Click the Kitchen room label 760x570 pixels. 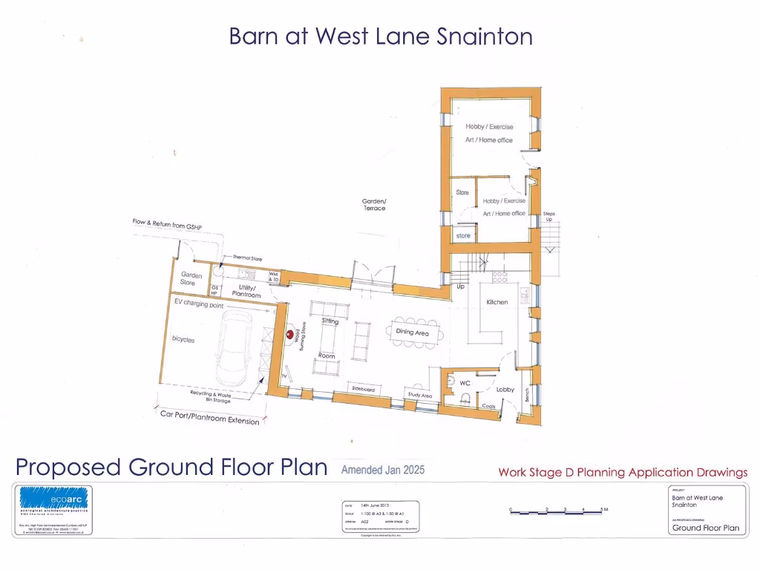(x=497, y=302)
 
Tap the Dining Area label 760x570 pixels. (x=412, y=333)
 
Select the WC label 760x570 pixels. (x=465, y=383)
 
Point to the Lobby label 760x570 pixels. (x=505, y=389)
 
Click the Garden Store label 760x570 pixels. (x=191, y=279)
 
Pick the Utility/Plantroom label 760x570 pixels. (x=246, y=291)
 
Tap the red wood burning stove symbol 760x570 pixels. (x=289, y=335)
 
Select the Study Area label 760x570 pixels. (x=420, y=396)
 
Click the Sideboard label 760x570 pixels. (x=362, y=390)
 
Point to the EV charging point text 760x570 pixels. (x=199, y=304)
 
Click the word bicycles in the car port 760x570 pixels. (x=183, y=339)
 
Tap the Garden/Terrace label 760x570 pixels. (x=374, y=205)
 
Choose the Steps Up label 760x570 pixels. (x=548, y=217)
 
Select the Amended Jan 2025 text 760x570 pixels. (x=382, y=470)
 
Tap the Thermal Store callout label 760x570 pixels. (x=247, y=258)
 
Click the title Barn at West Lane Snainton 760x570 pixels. (x=380, y=36)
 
